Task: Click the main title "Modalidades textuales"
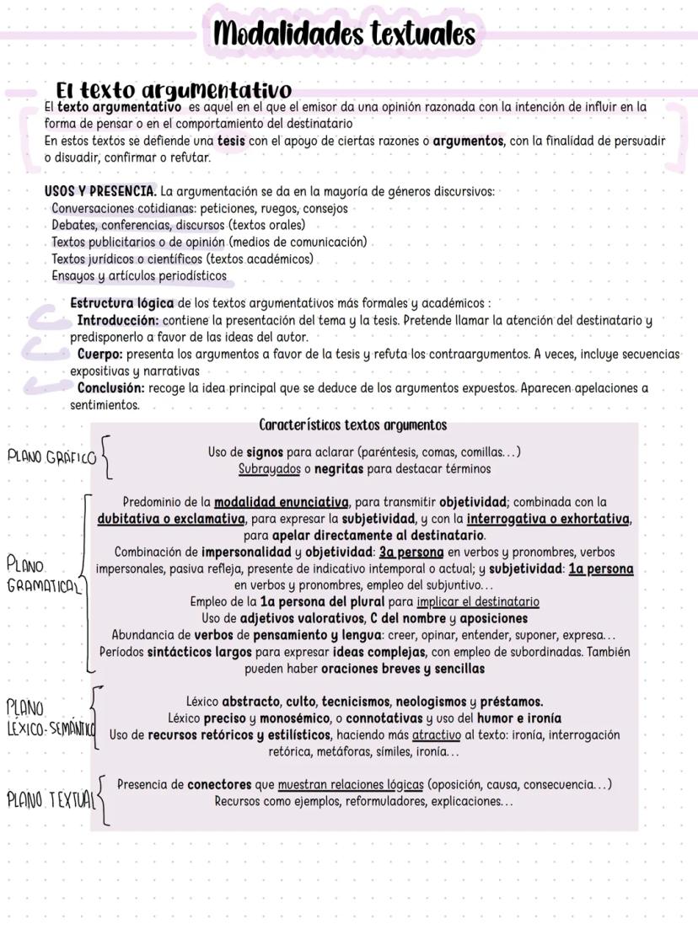tap(344, 35)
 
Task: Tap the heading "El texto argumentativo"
tap(174, 90)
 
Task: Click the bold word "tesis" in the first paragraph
tap(231, 141)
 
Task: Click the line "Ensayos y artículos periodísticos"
tap(139, 275)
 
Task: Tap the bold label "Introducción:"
tap(118, 320)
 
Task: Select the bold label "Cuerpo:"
tap(100, 355)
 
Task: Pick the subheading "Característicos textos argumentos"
tap(352, 425)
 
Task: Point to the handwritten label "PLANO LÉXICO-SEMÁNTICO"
tap(47, 717)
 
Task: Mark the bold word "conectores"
tap(219, 785)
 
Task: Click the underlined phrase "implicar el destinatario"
tap(477, 602)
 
